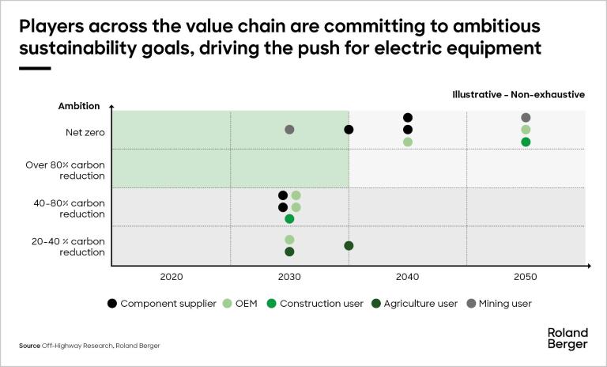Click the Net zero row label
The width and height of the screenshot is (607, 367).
[82, 131]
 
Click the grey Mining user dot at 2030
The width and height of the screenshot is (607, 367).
[289, 130]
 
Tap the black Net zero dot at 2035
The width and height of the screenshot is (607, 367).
[349, 130]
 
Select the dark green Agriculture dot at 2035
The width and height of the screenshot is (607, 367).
[349, 246]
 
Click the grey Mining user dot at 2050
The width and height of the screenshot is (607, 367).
[526, 118]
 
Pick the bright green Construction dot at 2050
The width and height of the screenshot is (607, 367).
[526, 142]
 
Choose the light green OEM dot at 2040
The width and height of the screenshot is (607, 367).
[408, 142]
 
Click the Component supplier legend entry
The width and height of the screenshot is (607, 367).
[161, 303]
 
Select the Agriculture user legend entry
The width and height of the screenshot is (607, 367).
[414, 303]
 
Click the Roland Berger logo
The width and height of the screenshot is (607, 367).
[567, 338]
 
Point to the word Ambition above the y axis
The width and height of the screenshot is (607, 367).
[79, 106]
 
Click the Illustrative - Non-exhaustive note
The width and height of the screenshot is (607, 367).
[518, 94]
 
